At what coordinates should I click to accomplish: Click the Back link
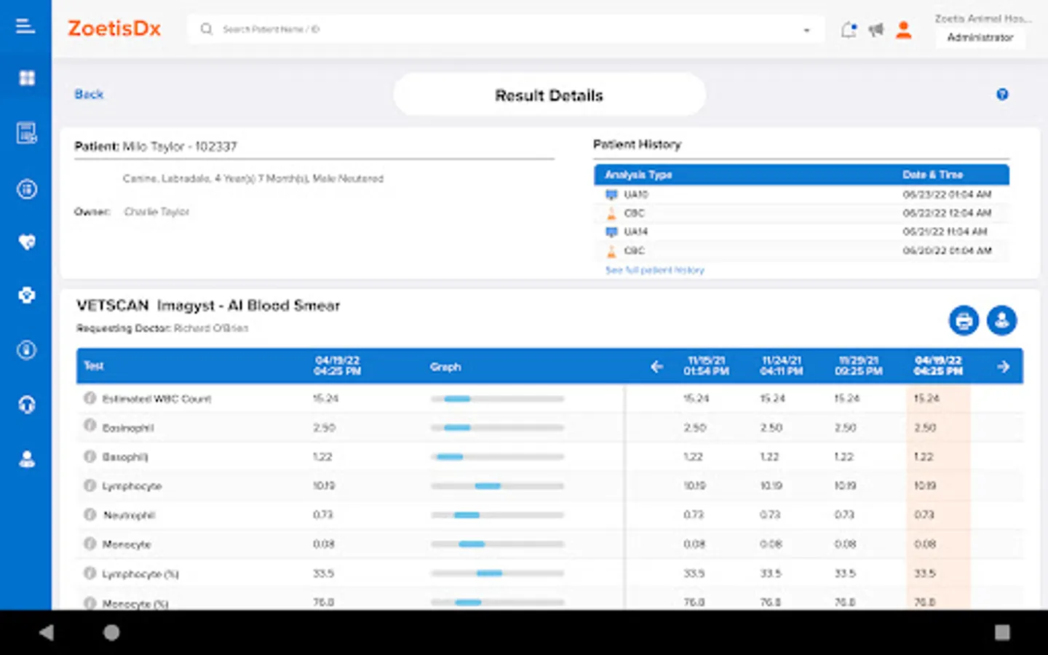pyautogui.click(x=89, y=95)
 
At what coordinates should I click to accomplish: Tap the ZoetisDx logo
pyautogui.click(x=114, y=29)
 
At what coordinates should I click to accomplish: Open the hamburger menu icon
pyautogui.click(x=25, y=27)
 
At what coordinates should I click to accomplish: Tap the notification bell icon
pyautogui.click(x=848, y=30)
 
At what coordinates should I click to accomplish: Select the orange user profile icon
pyautogui.click(x=903, y=30)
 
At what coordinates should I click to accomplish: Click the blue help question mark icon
pyautogui.click(x=1002, y=95)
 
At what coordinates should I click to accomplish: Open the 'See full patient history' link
pyautogui.click(x=655, y=270)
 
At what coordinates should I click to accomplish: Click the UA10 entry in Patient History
pyautogui.click(x=635, y=194)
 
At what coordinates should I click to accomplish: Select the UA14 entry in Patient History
pyautogui.click(x=635, y=231)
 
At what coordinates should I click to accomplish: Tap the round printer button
pyautogui.click(x=964, y=320)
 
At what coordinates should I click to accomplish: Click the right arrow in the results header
pyautogui.click(x=1004, y=367)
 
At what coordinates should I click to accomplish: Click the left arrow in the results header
pyautogui.click(x=656, y=367)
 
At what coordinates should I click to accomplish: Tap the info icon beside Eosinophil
pyautogui.click(x=90, y=426)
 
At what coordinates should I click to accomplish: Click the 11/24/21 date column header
pyautogui.click(x=781, y=366)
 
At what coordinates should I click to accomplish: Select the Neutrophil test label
pyautogui.click(x=129, y=515)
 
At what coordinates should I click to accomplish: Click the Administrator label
pyautogui.click(x=980, y=37)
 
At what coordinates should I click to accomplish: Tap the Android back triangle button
pyautogui.click(x=47, y=632)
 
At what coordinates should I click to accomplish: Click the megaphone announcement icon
pyautogui.click(x=876, y=30)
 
